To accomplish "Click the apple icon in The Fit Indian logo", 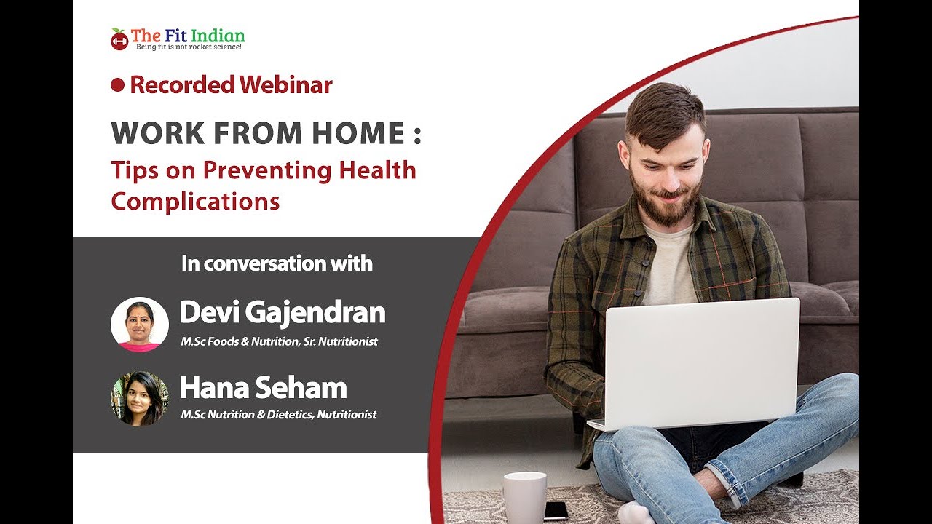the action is coord(119,39).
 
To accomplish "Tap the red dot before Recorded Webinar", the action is coord(118,85).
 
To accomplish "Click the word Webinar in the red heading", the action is coord(285,85).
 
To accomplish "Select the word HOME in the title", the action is coord(358,133).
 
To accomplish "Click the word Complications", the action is coord(195,202).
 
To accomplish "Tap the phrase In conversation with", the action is coord(277,263).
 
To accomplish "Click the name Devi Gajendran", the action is coord(283,312).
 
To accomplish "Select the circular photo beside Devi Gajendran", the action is coord(140,325).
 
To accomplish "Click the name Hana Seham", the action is coord(264,387).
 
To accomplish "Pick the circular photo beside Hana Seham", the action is coord(140,399).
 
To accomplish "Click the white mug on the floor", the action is coord(525,497).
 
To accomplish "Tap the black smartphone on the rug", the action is coord(556,511).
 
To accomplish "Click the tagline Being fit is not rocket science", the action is coord(189,47).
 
